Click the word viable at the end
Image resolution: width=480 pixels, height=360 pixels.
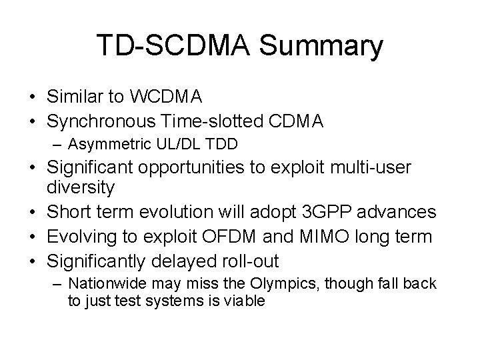(x=246, y=301)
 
